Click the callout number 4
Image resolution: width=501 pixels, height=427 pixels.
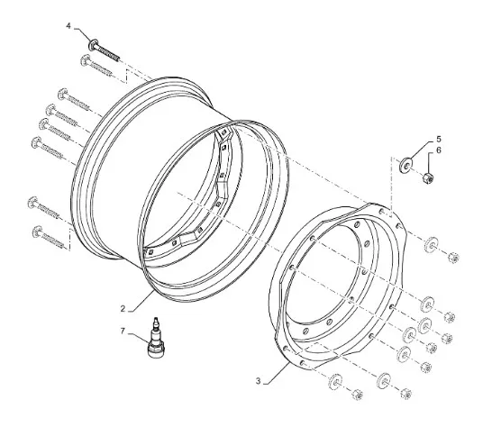(68, 25)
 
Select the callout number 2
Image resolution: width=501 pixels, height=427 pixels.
(123, 309)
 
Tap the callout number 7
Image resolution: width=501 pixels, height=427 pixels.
(123, 332)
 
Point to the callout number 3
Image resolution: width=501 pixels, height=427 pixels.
(259, 381)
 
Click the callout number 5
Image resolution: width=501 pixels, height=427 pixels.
(439, 140)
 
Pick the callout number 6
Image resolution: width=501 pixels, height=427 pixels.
(439, 150)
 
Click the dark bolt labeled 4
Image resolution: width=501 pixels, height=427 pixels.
(105, 50)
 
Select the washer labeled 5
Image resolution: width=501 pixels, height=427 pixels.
(406, 165)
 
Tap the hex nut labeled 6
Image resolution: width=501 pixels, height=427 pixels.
(428, 178)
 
